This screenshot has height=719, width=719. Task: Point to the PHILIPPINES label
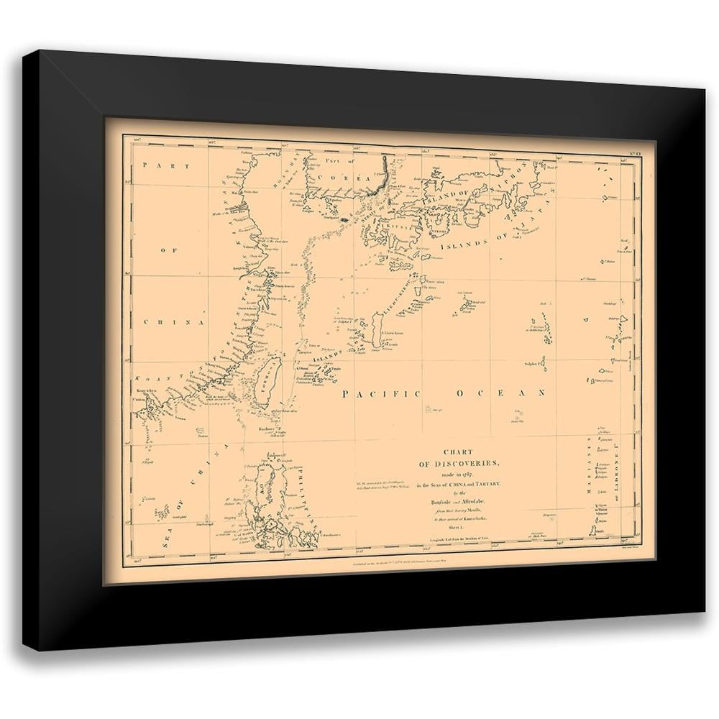click(x=298, y=496)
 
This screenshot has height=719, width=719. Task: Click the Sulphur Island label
click(x=533, y=364)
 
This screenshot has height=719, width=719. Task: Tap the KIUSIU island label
click(x=380, y=225)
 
